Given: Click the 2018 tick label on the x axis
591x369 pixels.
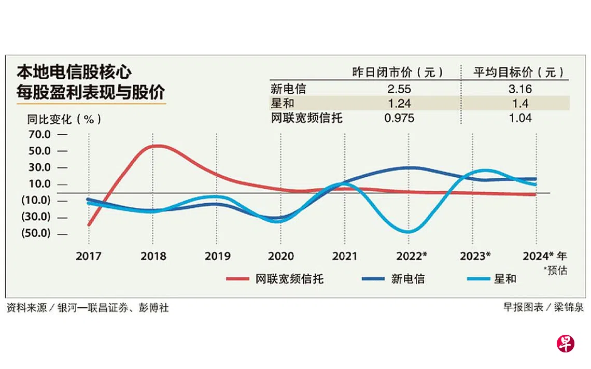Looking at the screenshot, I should coord(153,256).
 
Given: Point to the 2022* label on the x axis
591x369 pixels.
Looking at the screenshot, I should coord(412,256).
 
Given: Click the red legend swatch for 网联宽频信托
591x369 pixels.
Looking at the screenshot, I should coord(240,279).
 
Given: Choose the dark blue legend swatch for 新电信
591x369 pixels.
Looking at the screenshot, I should coord(374,279).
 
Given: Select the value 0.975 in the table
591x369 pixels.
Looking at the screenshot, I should coord(399,118).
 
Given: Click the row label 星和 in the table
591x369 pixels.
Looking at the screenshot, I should coord(282,103).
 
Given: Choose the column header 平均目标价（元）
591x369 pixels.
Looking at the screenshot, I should coord(518,72).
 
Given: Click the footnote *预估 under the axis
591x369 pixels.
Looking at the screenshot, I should coord(555,269).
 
